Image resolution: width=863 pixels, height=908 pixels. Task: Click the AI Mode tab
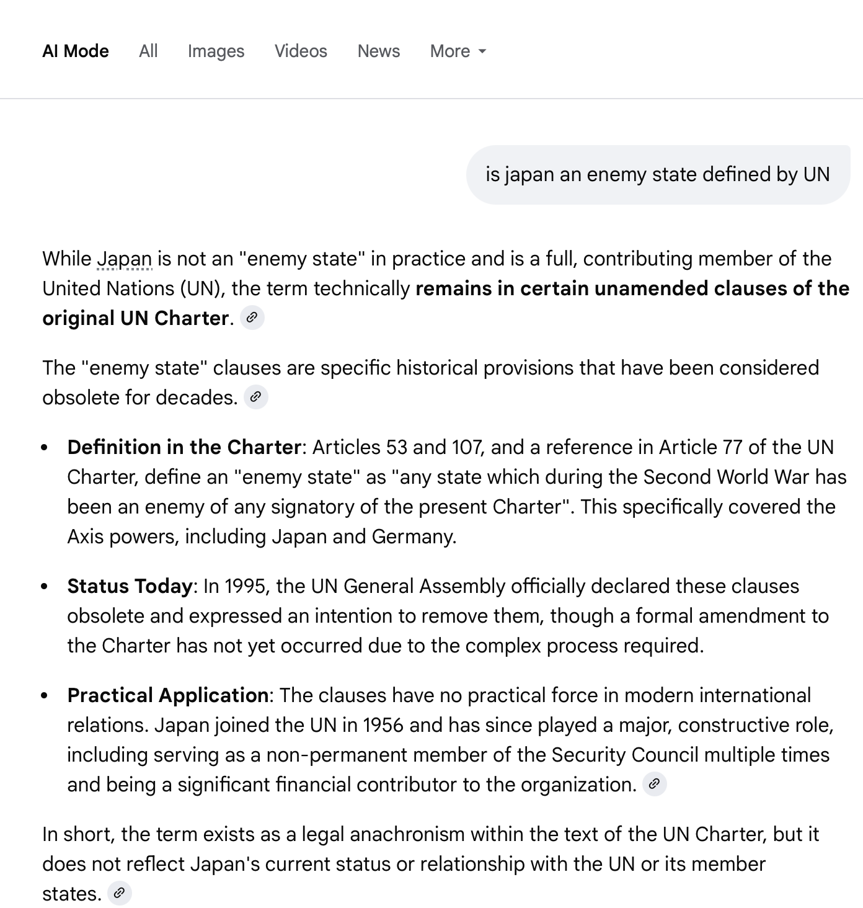[x=76, y=51]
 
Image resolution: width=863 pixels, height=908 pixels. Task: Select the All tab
[x=148, y=51]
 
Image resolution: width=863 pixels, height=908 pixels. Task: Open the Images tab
[x=216, y=51]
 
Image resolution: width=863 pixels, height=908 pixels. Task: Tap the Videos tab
[x=301, y=51]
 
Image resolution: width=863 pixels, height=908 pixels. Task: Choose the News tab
[x=378, y=51]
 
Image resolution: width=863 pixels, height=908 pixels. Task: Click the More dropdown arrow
[x=482, y=51]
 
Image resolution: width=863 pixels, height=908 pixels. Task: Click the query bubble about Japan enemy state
[x=657, y=174]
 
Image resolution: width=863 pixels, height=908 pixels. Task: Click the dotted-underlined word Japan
[x=125, y=259]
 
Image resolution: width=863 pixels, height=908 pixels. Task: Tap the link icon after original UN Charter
[x=252, y=318]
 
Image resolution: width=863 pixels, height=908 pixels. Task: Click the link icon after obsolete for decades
[x=255, y=397]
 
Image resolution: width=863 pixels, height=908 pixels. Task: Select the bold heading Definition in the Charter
[x=184, y=447]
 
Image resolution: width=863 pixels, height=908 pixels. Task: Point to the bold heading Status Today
[x=130, y=586]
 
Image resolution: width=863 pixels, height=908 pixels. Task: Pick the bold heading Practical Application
[x=167, y=695]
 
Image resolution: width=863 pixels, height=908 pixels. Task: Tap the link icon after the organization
[x=654, y=784]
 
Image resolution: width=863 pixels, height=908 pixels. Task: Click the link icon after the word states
[x=119, y=893]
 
